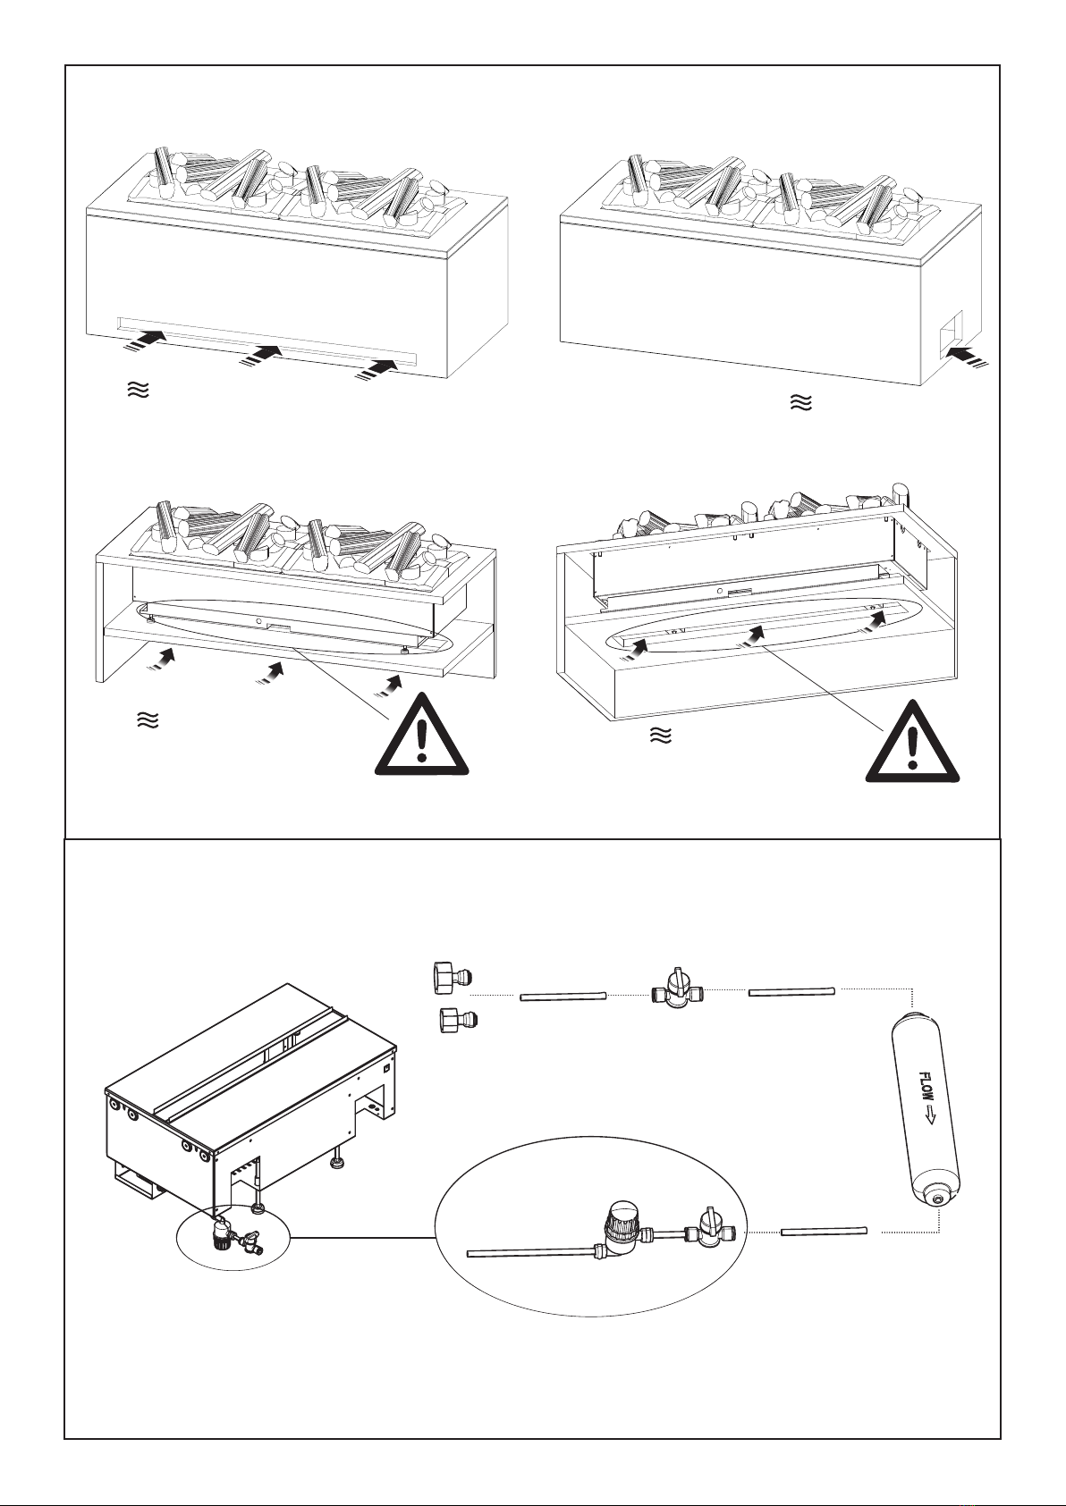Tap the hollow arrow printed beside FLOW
coord(929,1115)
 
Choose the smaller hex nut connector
coord(454,1019)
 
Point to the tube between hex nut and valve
coord(564,996)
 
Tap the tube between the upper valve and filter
coord(791,991)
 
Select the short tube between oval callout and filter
coord(825,1232)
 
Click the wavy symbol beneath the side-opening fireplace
coord(801,404)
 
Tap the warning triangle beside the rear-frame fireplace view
coord(911,744)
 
